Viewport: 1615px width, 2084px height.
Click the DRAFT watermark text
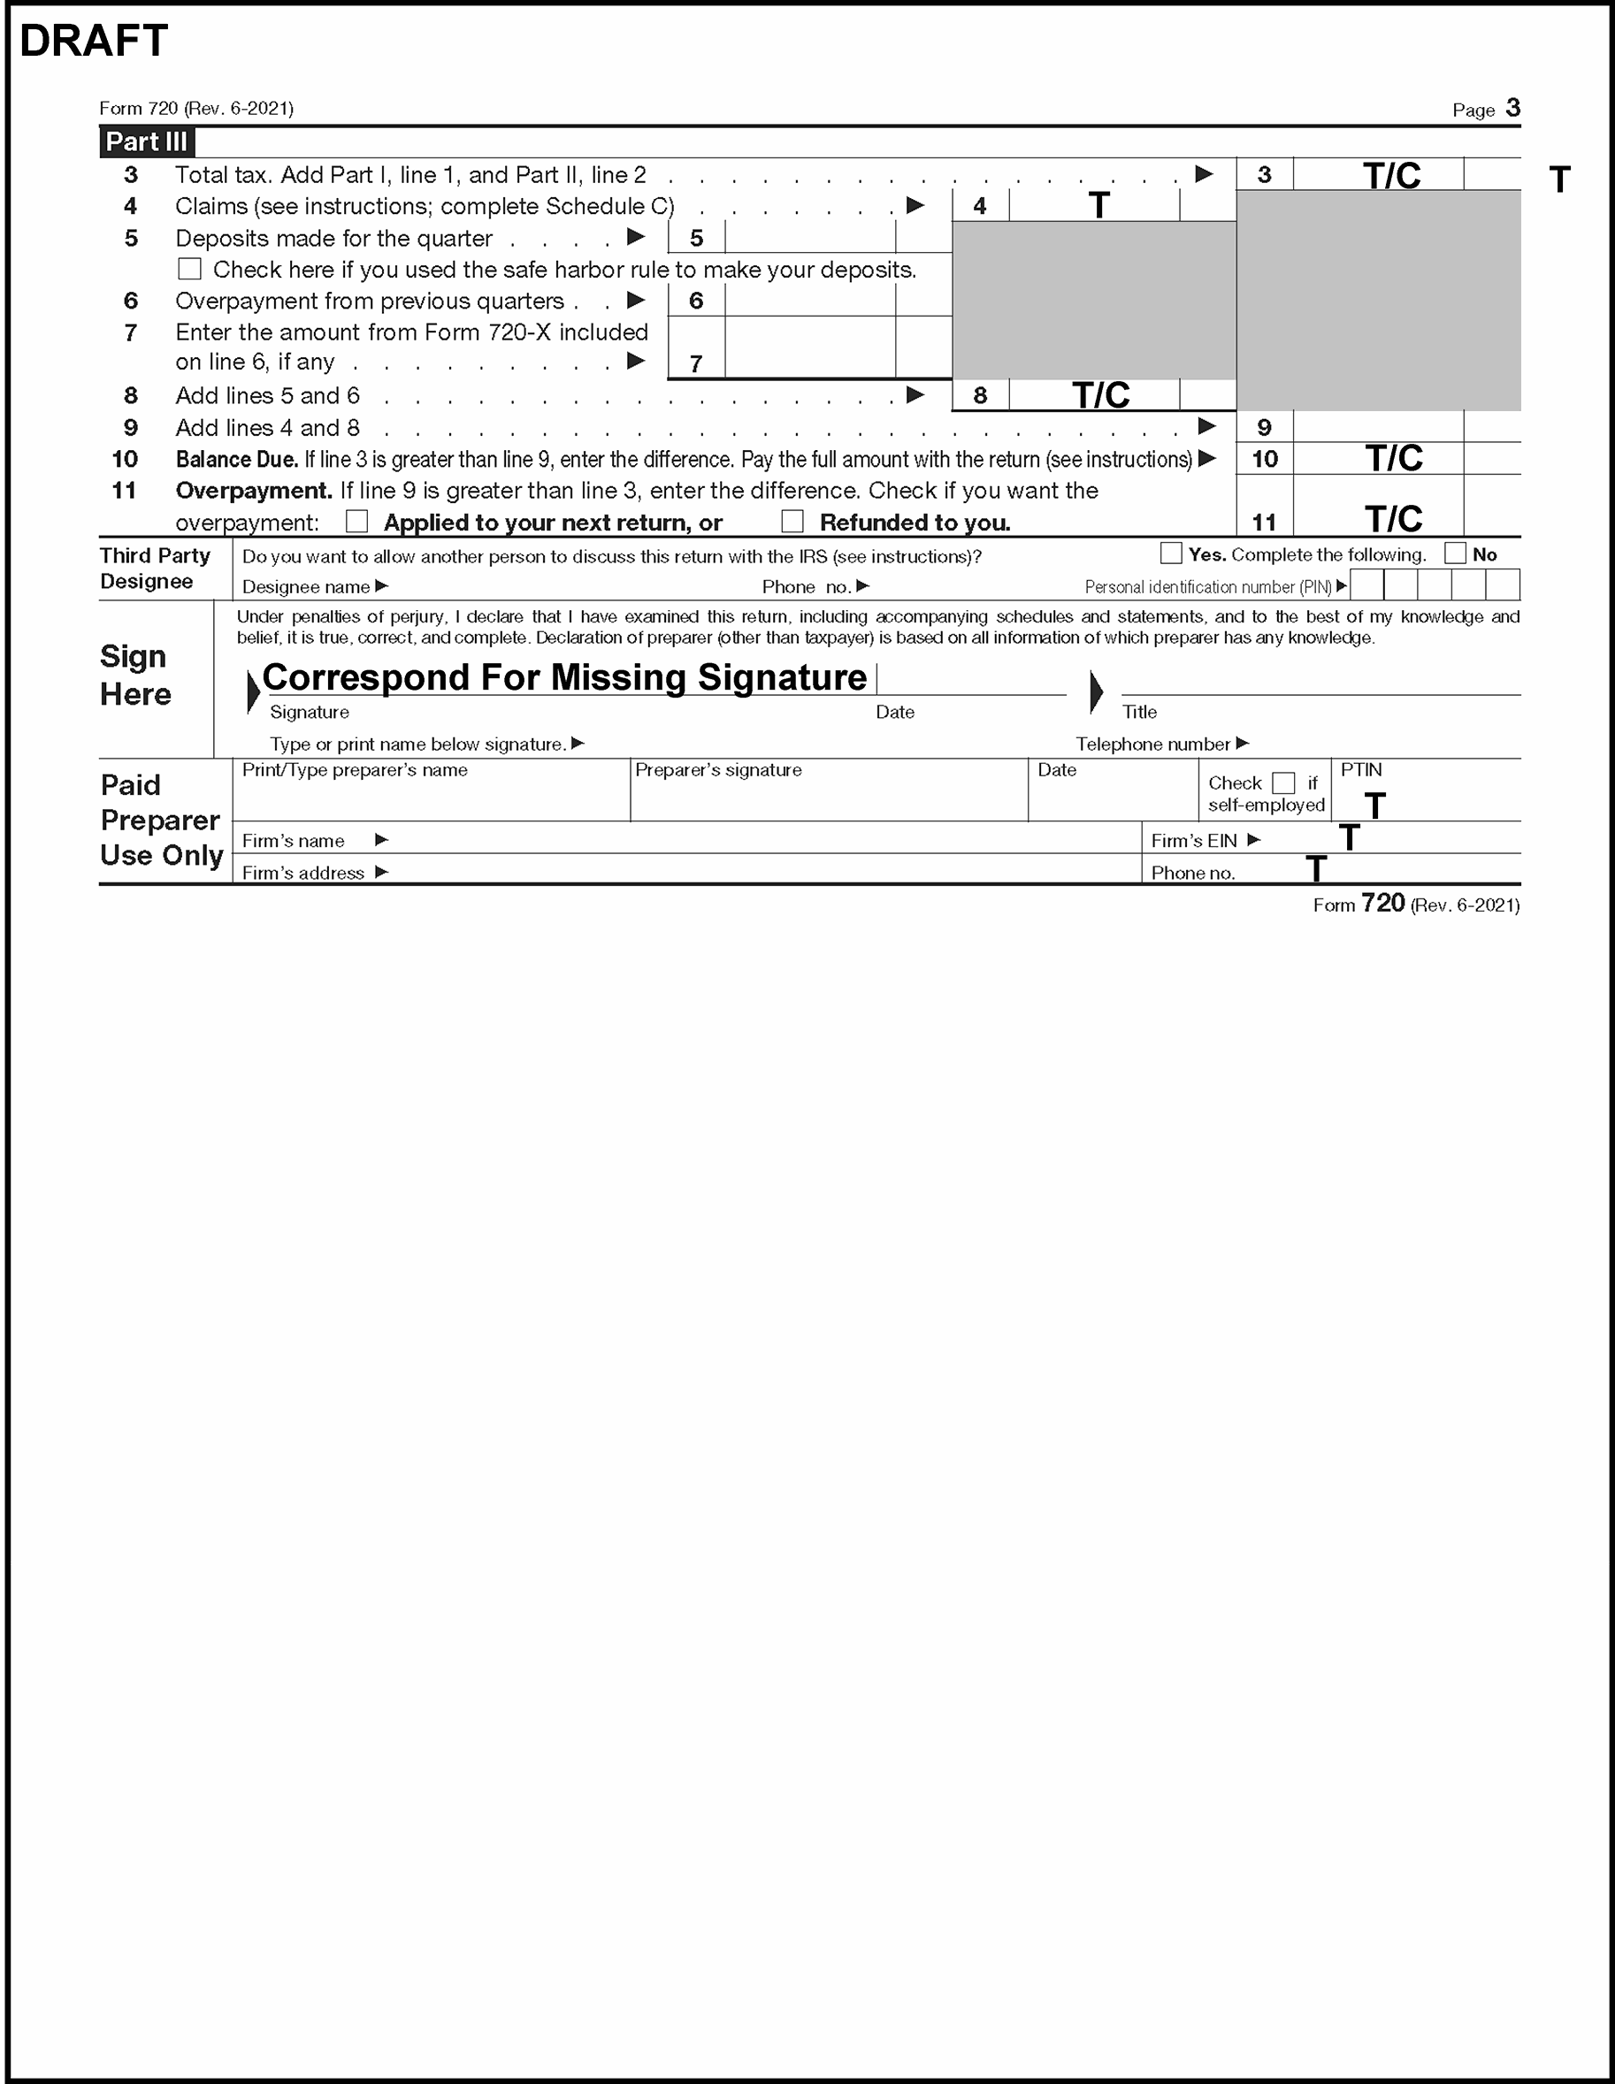click(94, 40)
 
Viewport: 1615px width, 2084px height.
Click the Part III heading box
click(147, 142)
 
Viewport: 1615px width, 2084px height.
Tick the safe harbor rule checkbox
click(190, 269)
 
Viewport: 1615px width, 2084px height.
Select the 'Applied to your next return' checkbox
click(357, 521)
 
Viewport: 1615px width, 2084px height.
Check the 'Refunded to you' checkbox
click(792, 521)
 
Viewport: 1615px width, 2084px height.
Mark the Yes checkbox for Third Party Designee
click(1171, 553)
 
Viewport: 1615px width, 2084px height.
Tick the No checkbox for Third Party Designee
click(1456, 553)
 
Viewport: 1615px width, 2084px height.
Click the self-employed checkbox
click(1284, 783)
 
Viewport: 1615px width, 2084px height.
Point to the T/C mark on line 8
click(1100, 395)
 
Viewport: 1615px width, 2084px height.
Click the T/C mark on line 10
click(1394, 459)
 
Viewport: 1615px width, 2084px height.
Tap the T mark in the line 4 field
click(1098, 205)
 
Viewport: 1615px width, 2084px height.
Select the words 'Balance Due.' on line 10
click(237, 460)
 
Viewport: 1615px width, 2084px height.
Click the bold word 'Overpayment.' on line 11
click(254, 491)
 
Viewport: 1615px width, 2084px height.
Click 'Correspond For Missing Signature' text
click(564, 677)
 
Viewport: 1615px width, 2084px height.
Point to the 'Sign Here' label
click(135, 675)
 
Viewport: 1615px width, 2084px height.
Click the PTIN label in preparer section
click(1361, 770)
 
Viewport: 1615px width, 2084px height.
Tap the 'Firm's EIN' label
click(1193, 841)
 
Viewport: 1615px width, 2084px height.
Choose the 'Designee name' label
click(305, 587)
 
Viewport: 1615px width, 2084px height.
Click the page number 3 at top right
click(1513, 108)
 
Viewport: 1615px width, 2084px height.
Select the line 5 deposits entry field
click(809, 238)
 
